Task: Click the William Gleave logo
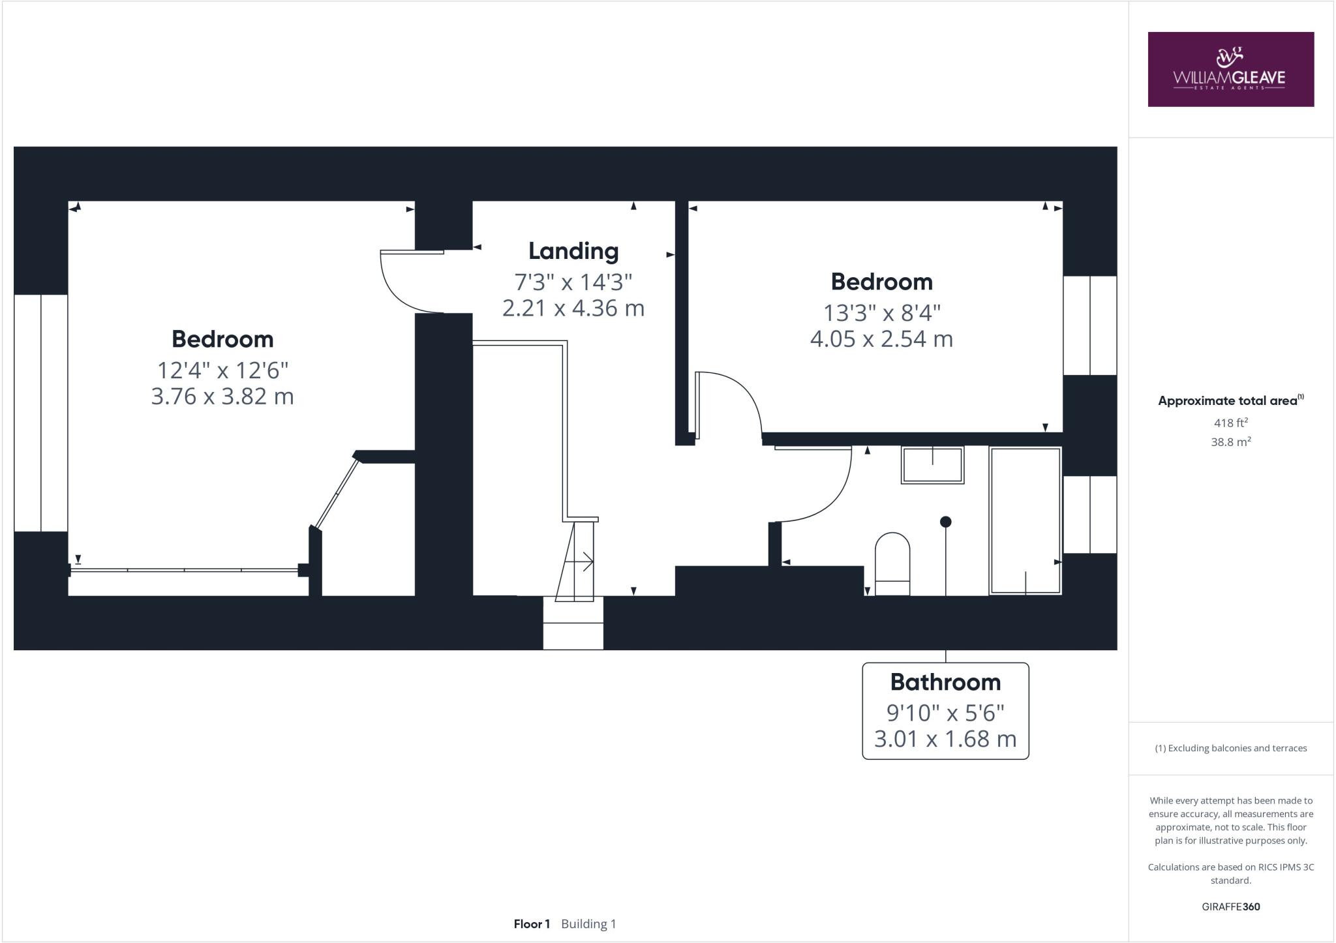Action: click(x=1230, y=69)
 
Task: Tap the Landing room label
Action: click(x=573, y=251)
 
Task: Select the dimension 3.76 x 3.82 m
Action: click(x=222, y=397)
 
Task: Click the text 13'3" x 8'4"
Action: click(x=881, y=313)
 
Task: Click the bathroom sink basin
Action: click(x=932, y=464)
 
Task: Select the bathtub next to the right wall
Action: click(x=1025, y=520)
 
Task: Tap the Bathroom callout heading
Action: click(x=945, y=682)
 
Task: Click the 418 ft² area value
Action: click(x=1230, y=423)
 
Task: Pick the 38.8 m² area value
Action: click(x=1230, y=442)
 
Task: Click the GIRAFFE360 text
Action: click(x=1230, y=906)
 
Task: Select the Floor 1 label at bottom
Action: click(x=532, y=924)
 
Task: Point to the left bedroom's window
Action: click(x=40, y=413)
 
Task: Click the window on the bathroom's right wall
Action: click(x=1089, y=515)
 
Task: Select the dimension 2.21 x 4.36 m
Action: click(x=573, y=308)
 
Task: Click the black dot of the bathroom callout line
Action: click(x=945, y=522)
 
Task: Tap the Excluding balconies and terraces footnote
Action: click(x=1230, y=748)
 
